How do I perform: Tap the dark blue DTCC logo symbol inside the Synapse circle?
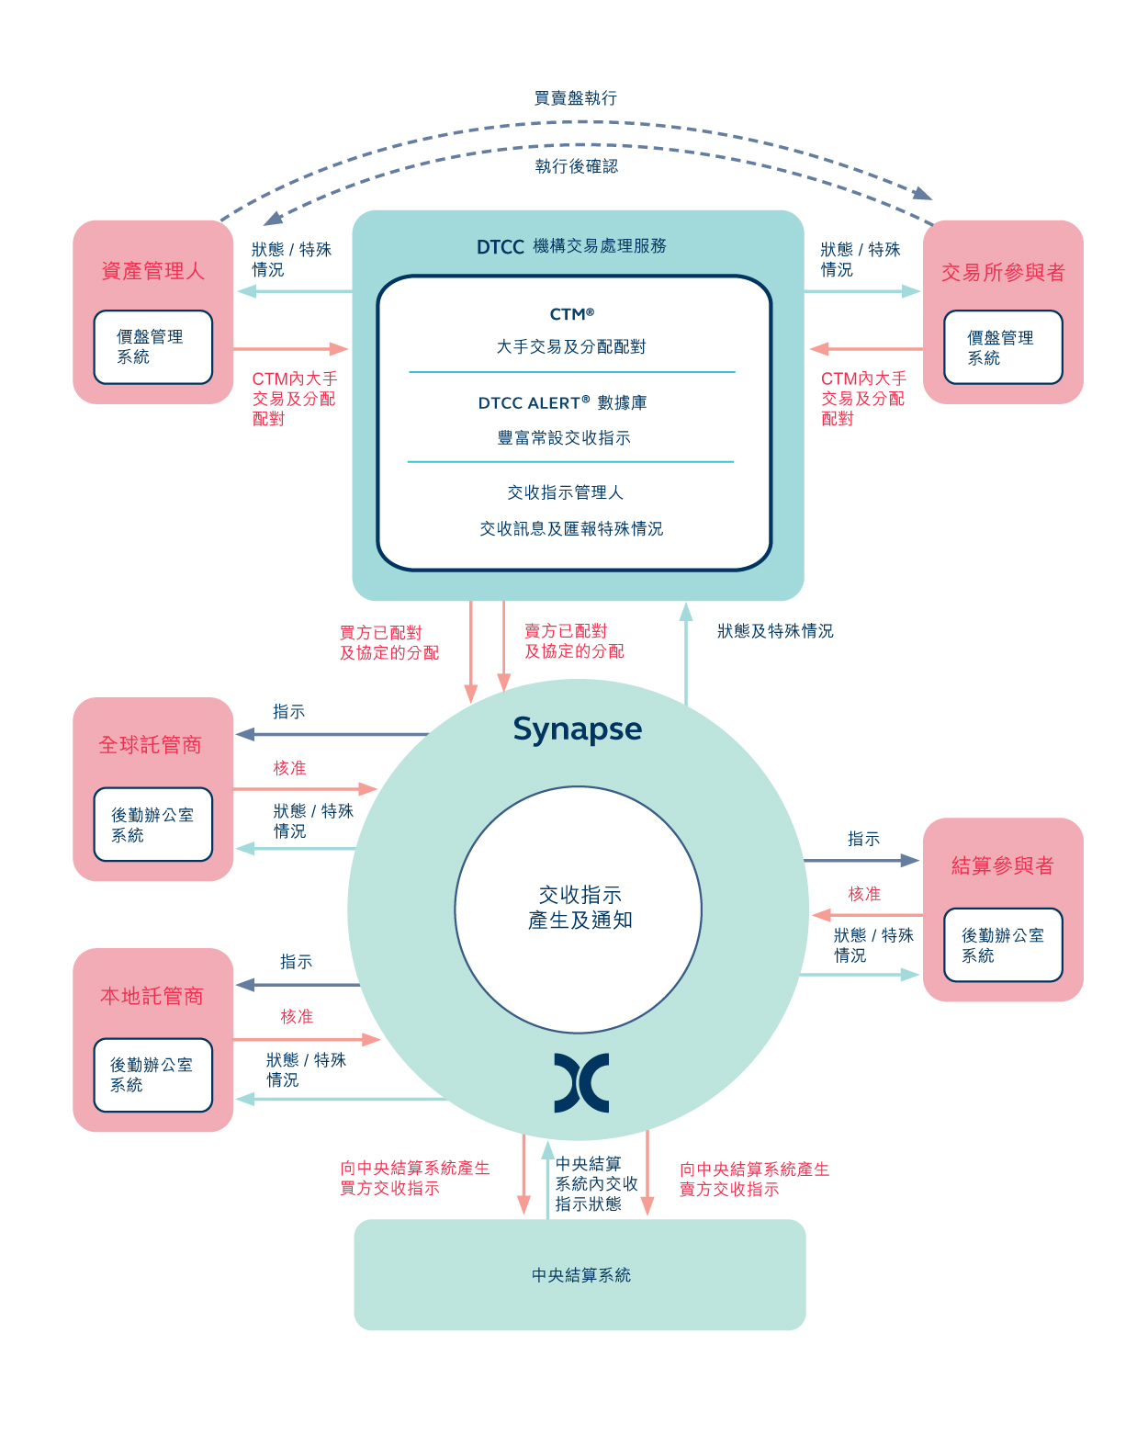point(580,1082)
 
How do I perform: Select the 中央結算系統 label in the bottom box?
point(580,1275)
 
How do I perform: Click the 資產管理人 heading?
point(152,271)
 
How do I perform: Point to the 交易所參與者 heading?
point(1002,272)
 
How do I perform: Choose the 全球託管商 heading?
point(150,744)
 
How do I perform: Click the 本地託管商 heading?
point(152,996)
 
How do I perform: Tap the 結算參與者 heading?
point(1002,864)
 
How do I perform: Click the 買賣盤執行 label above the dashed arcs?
point(575,98)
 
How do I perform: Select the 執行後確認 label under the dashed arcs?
point(576,166)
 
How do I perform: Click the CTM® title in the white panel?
point(571,314)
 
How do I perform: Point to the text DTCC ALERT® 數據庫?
point(562,402)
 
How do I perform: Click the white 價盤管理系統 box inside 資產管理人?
point(152,346)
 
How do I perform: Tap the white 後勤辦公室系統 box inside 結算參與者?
point(1003,944)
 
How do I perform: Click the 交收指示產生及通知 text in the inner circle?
point(580,907)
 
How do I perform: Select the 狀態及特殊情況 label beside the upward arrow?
point(774,631)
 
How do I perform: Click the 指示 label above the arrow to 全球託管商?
point(288,711)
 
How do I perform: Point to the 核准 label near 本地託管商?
point(297,1016)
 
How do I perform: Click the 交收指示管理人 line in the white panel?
point(566,492)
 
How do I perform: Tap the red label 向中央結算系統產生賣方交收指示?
point(754,1179)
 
